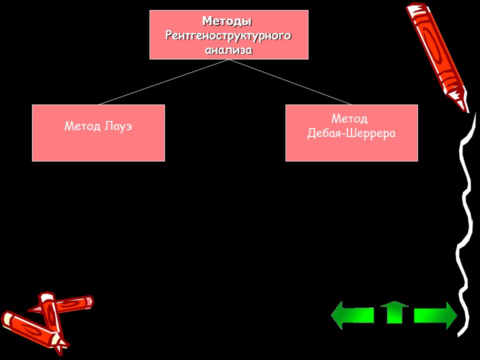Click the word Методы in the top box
(x=226, y=21)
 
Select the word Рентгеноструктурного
(x=228, y=36)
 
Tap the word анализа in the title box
(x=228, y=50)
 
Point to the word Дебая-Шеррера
(x=351, y=133)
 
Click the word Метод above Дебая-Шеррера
(x=349, y=118)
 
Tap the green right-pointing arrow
(x=435, y=315)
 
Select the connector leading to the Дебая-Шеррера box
(x=290, y=82)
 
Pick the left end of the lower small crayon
(x=7, y=318)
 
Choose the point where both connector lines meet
(x=229, y=59)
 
